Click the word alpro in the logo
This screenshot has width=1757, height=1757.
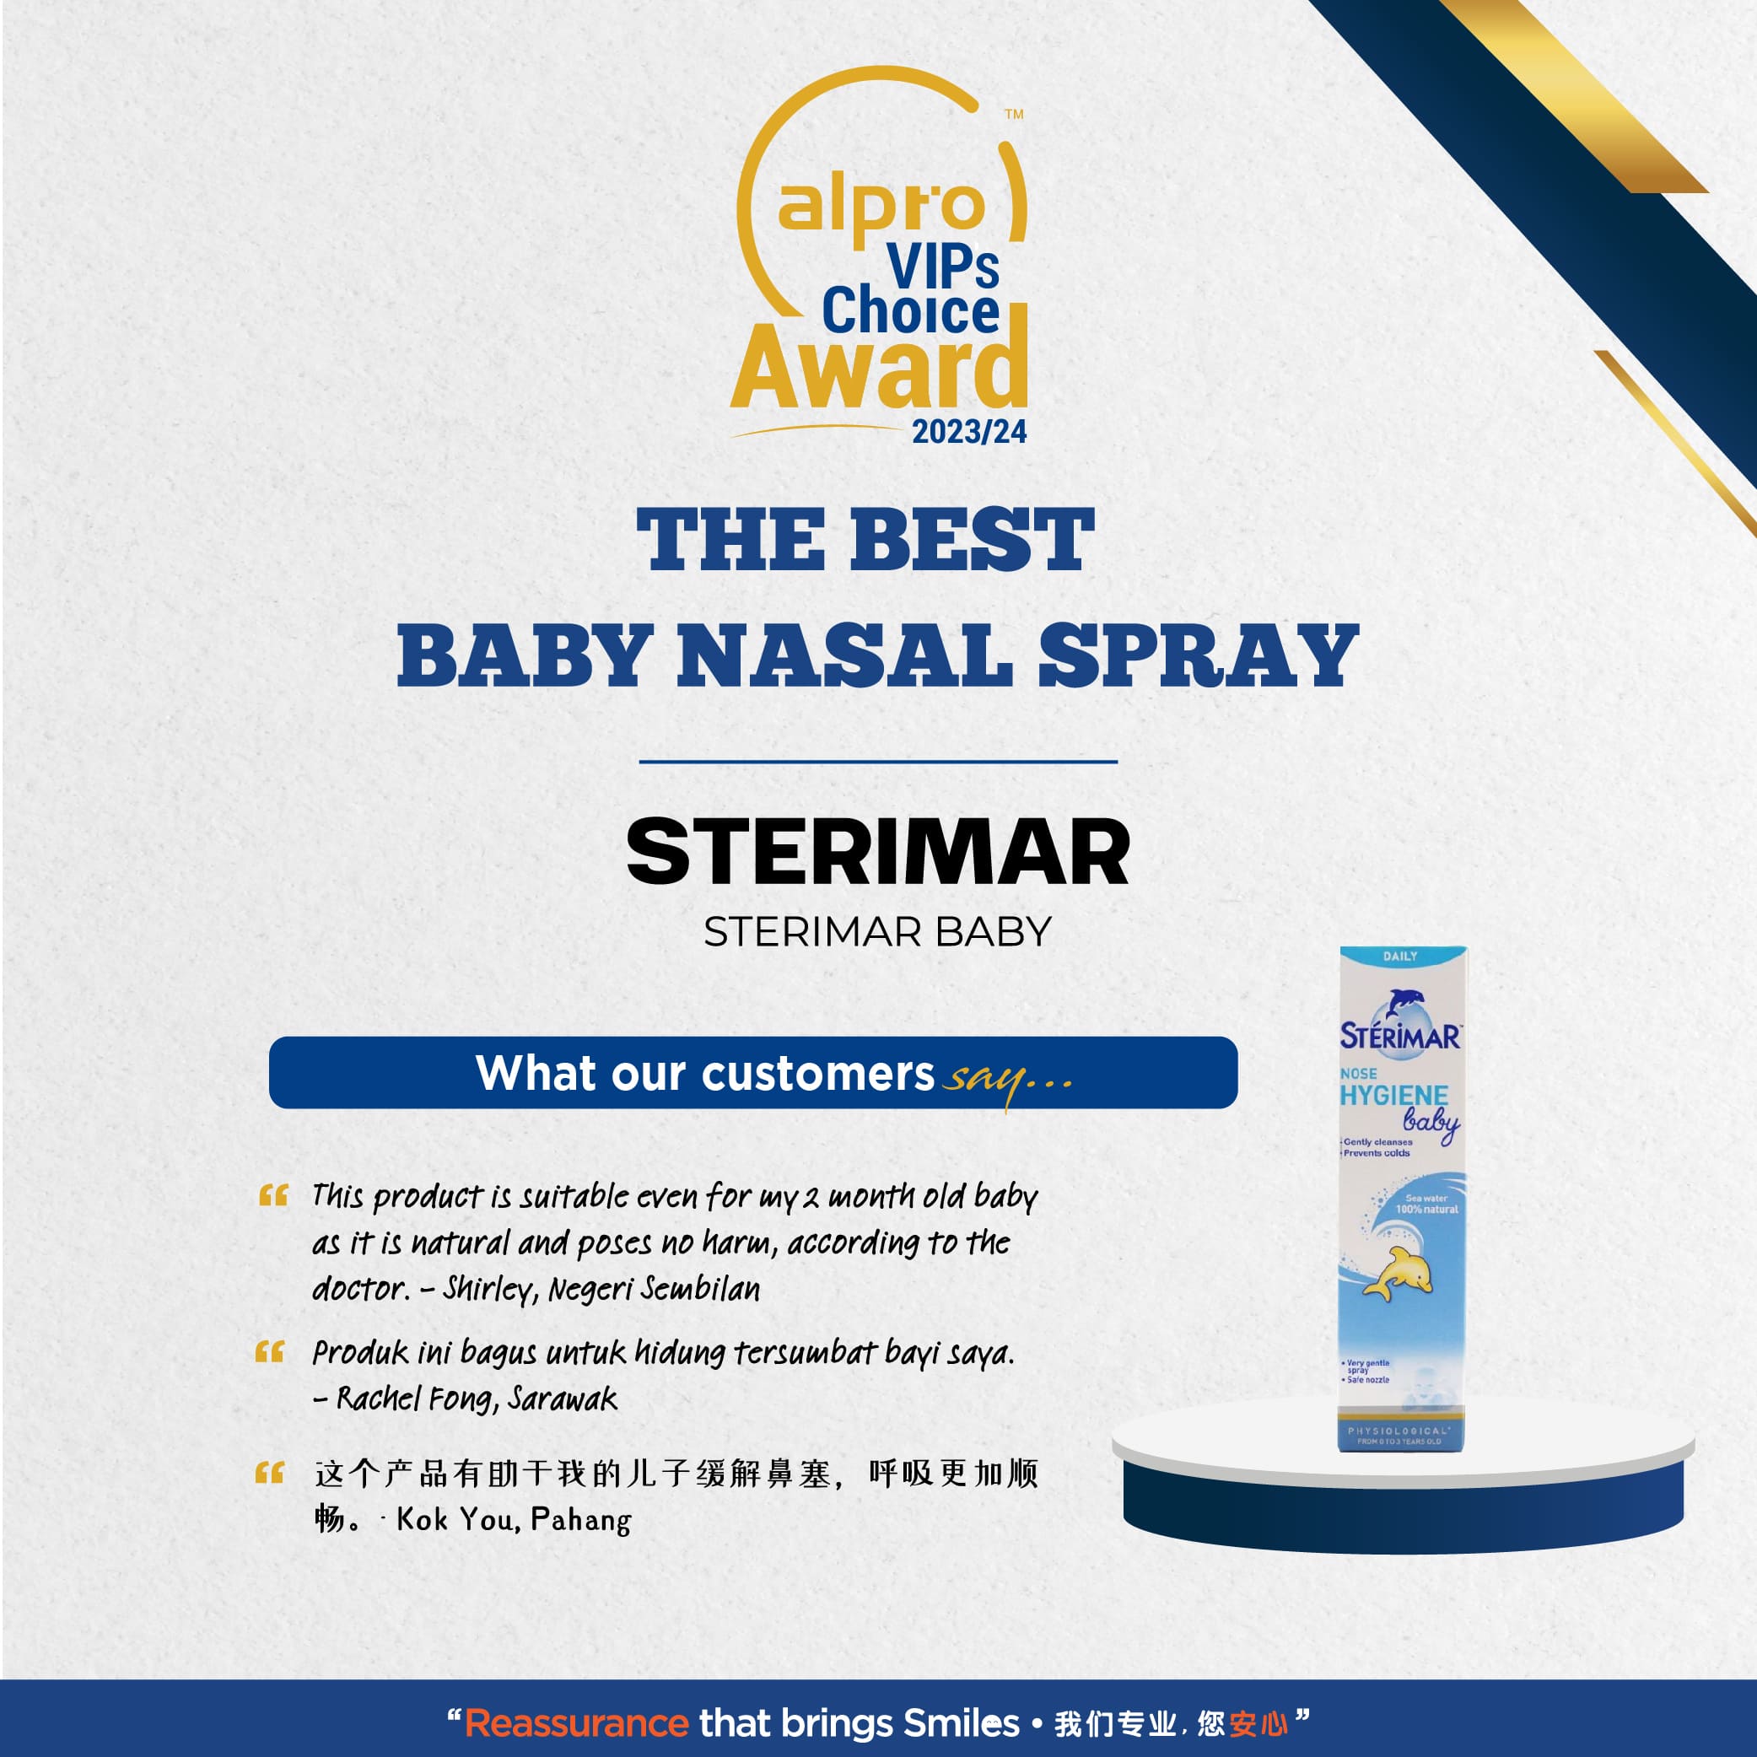point(881,207)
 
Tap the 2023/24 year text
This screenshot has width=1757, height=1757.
point(969,431)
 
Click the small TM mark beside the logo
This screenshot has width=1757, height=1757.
point(1014,115)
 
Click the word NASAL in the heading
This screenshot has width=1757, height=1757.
point(845,655)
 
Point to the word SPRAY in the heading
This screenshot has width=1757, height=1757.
point(1199,655)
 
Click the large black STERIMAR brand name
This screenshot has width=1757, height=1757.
point(877,851)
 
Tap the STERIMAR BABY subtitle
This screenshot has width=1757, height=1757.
point(877,932)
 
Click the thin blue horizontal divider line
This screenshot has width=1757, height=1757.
point(877,762)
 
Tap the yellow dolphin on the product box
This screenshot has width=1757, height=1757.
point(1398,1274)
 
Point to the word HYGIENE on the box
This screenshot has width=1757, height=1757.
point(1393,1096)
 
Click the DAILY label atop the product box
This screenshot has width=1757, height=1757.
point(1400,956)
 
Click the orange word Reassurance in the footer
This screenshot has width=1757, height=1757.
point(577,1723)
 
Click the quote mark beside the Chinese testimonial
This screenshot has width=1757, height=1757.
point(269,1473)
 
